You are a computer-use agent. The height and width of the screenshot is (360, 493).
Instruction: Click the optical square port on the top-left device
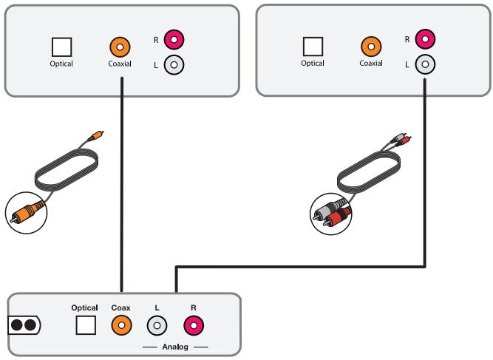tap(61, 47)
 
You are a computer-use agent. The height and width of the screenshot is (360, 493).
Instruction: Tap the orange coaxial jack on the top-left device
tap(120, 47)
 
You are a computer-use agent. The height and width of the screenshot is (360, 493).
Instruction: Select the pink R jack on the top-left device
tap(174, 40)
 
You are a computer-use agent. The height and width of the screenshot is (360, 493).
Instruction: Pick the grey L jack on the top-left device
tap(174, 65)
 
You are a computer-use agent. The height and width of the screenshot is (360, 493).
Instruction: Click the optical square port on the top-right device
tap(313, 47)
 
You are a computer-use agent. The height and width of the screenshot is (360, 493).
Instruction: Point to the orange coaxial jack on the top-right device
tap(371, 47)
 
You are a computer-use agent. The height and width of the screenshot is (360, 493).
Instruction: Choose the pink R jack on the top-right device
tap(425, 39)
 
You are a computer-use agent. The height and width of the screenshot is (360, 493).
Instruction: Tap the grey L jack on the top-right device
tap(425, 64)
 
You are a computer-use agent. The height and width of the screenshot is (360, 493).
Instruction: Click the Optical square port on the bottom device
tap(86, 325)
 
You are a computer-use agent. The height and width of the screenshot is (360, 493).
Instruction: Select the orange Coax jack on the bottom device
tap(122, 325)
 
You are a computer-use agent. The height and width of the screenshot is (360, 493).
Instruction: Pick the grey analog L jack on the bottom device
tap(157, 325)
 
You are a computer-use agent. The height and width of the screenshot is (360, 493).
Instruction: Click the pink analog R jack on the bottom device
tap(194, 325)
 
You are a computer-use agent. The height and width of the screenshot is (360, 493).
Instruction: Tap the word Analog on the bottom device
tap(175, 347)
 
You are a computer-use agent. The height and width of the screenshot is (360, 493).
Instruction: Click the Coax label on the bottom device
tap(120, 308)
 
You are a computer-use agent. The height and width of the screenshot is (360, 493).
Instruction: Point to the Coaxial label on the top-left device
tap(120, 64)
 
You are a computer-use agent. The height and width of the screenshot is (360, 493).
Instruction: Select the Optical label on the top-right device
tap(313, 63)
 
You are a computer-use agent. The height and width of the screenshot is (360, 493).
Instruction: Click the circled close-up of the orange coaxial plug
tap(27, 213)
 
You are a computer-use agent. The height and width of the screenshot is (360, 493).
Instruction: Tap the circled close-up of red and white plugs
tap(331, 214)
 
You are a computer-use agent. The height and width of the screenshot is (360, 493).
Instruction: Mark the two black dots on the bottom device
tap(24, 325)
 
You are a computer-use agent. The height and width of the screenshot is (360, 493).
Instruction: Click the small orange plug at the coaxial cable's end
tap(96, 135)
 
